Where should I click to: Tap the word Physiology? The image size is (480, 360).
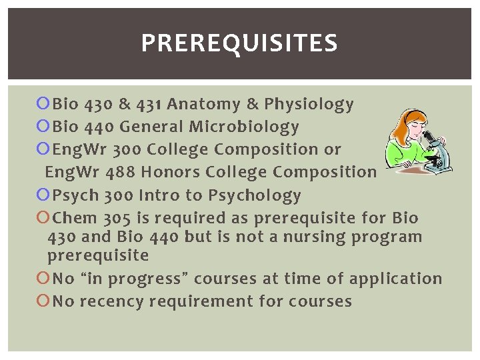(x=309, y=104)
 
